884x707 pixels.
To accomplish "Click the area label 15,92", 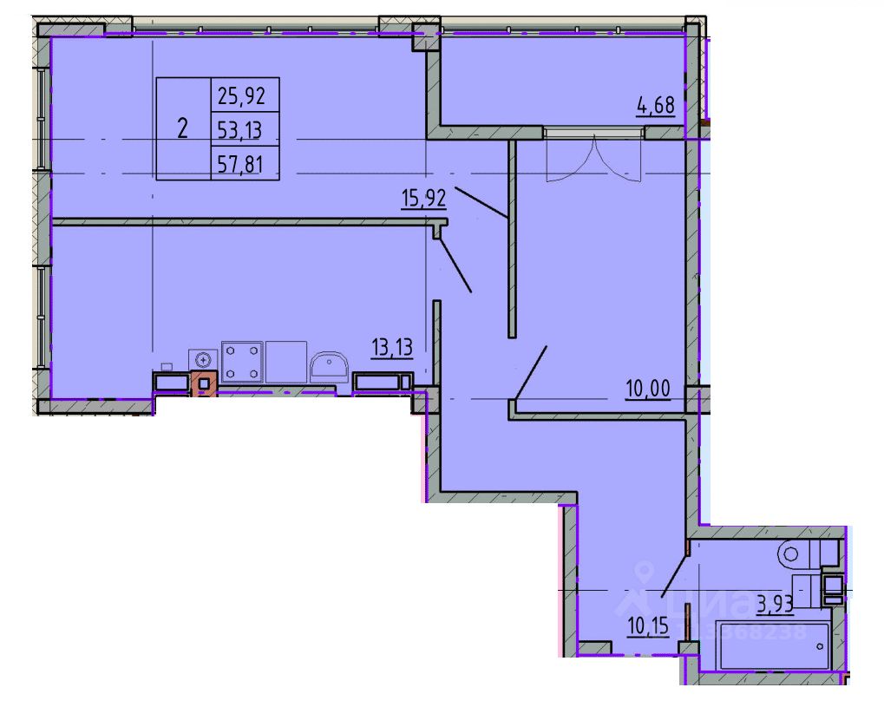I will pyautogui.click(x=423, y=198).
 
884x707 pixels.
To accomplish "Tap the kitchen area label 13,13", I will pyautogui.click(x=391, y=348).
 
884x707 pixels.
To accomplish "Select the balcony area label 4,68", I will pyautogui.click(x=655, y=108).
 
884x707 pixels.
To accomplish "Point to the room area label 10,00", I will pyautogui.click(x=648, y=390).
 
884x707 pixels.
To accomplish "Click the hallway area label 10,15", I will pyautogui.click(x=647, y=625).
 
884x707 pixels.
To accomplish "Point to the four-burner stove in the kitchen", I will pyautogui.click(x=242, y=361).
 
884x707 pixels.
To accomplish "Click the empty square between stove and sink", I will pyautogui.click(x=286, y=361).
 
